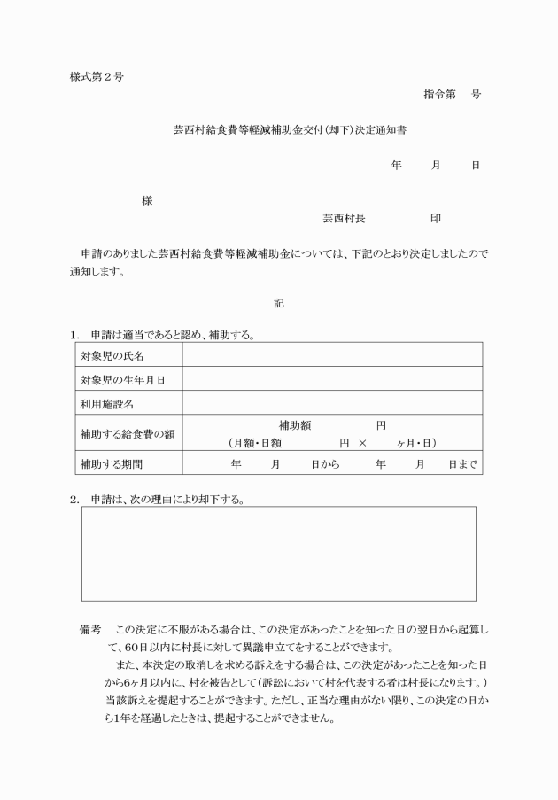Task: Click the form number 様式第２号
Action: click(97, 76)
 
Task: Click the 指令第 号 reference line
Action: click(452, 95)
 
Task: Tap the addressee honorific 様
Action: click(147, 201)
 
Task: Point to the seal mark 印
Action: click(435, 217)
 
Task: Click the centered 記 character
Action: click(279, 303)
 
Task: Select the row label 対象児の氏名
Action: click(112, 355)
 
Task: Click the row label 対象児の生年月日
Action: click(123, 379)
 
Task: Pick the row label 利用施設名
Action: click(106, 404)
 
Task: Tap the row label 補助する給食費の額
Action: click(126, 433)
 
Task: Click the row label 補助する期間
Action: click(112, 463)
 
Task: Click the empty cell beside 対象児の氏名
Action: click(332, 354)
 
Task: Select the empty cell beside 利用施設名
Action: click(332, 403)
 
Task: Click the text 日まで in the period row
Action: click(462, 463)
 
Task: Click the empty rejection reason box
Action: click(278, 554)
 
